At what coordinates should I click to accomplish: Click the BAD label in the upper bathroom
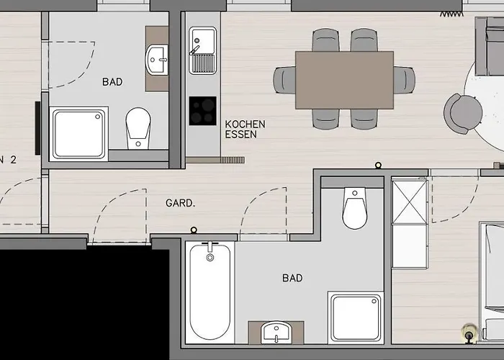(x=112, y=82)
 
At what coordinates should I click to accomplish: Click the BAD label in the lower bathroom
(x=292, y=278)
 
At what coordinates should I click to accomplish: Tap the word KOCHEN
(x=246, y=124)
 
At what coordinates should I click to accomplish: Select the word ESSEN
(x=241, y=135)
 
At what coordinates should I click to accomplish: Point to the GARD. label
(x=180, y=203)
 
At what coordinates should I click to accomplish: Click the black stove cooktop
(x=202, y=111)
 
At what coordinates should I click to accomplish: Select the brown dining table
(x=345, y=81)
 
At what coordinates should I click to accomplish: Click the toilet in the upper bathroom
(x=138, y=129)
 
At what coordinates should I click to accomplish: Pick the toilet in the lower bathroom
(x=354, y=208)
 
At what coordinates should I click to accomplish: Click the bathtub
(x=210, y=292)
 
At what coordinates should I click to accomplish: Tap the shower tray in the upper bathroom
(x=79, y=134)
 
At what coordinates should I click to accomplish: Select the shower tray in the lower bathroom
(x=356, y=318)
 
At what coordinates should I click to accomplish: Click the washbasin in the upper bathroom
(x=156, y=60)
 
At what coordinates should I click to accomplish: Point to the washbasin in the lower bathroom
(x=276, y=333)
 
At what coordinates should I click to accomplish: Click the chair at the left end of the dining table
(x=284, y=81)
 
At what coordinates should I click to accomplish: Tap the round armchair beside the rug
(x=463, y=114)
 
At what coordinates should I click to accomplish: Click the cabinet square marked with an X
(x=410, y=202)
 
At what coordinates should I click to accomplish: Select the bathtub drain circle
(x=210, y=257)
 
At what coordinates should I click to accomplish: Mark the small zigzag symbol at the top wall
(x=451, y=14)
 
